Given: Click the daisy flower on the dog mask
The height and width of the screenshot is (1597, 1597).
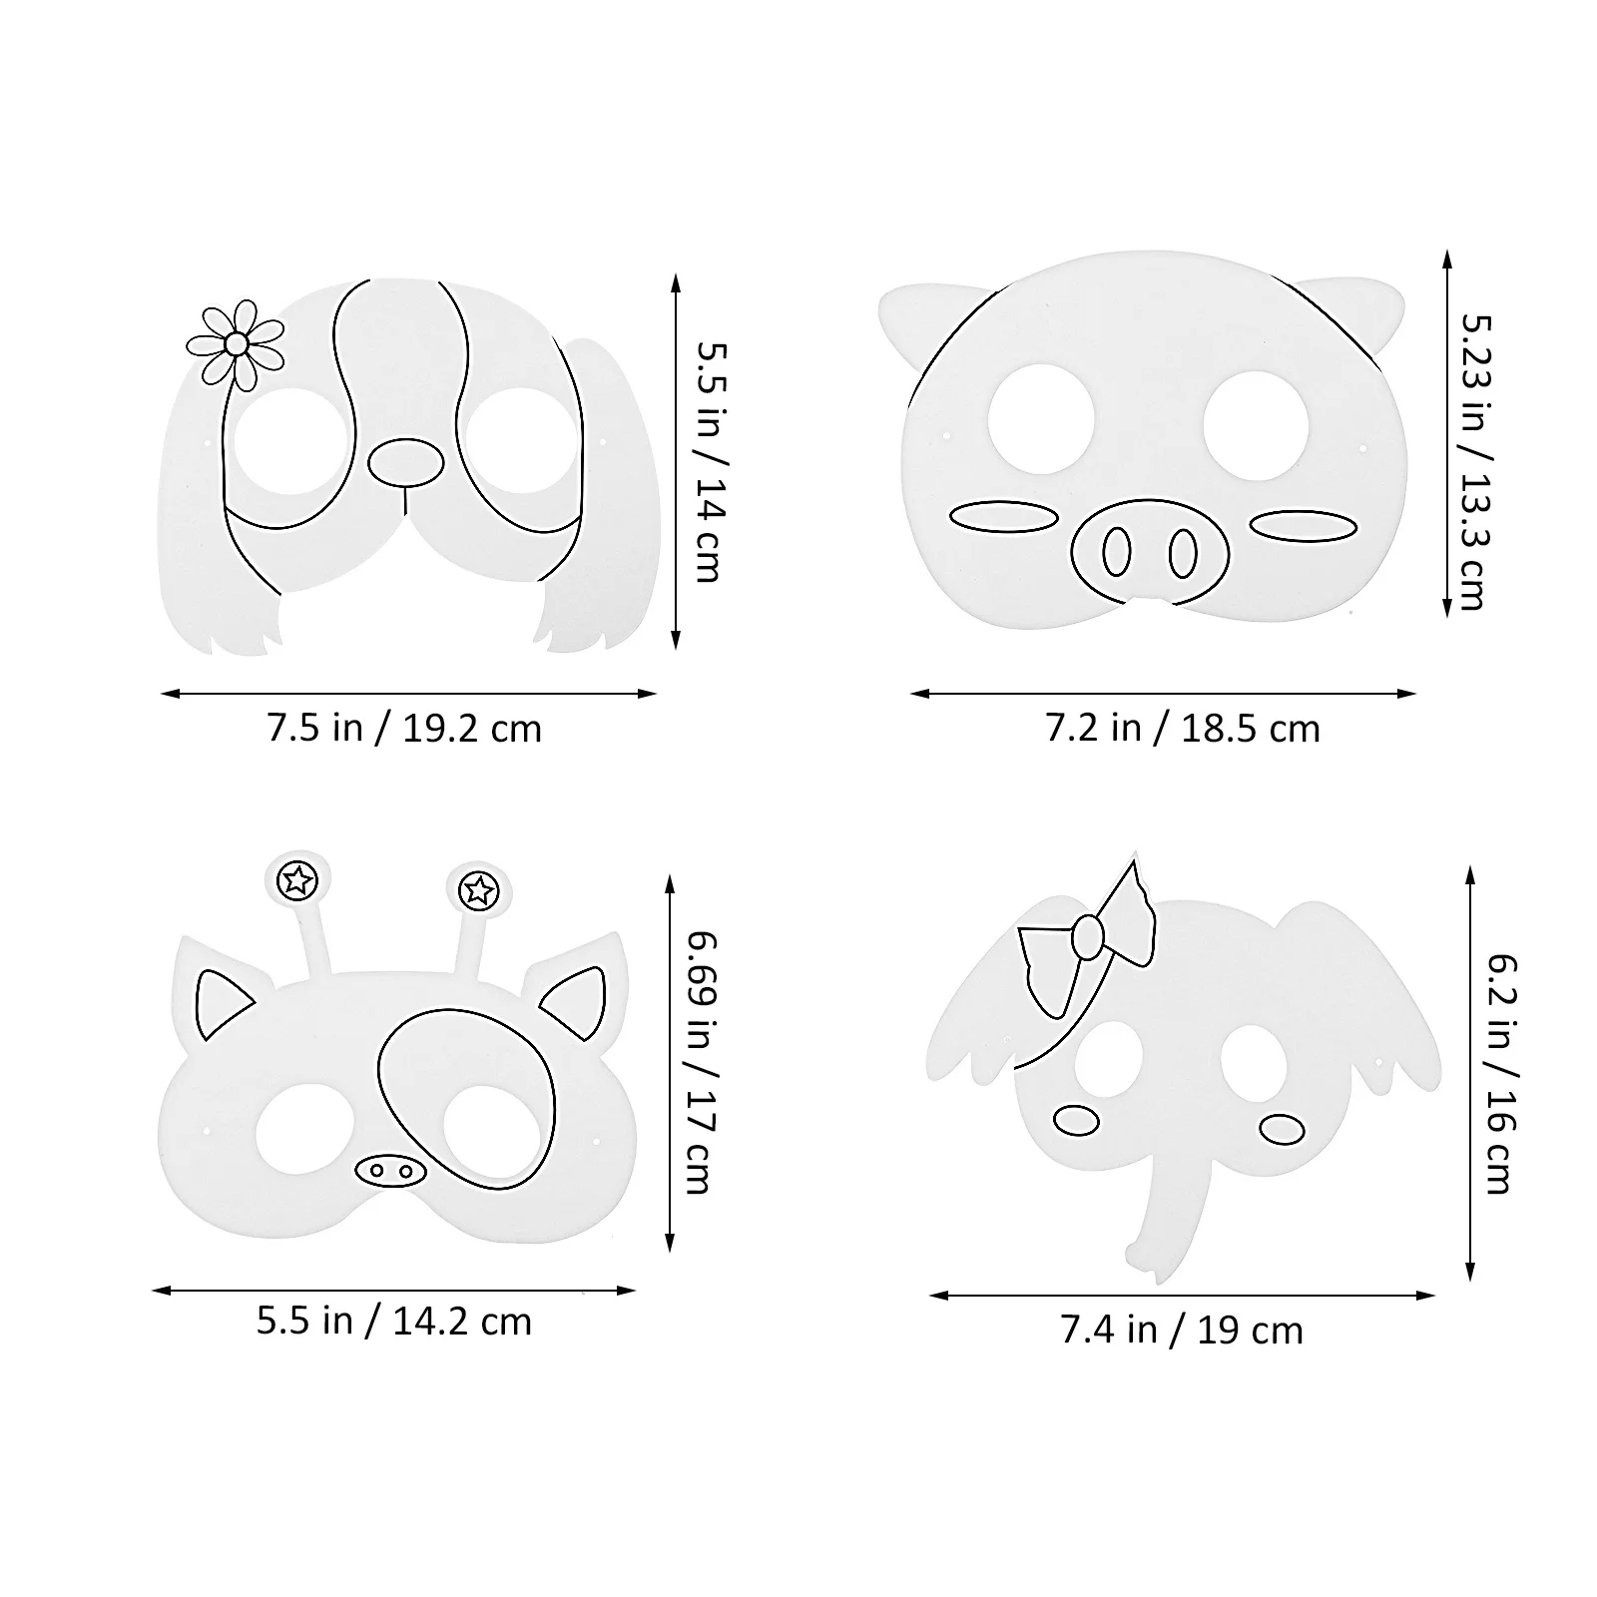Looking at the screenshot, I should [x=236, y=344].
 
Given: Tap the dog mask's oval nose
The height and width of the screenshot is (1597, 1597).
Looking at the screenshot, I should [x=406, y=462].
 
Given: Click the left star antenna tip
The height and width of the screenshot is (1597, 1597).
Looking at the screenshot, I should [x=297, y=880].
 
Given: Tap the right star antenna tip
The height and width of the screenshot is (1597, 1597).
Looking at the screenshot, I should [x=480, y=888].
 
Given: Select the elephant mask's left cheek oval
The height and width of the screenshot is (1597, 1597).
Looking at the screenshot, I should [x=1076, y=1120].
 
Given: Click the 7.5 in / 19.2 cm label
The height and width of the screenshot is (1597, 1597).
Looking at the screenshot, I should [x=403, y=729].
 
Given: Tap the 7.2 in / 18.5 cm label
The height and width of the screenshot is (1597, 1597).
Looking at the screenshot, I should [x=1183, y=729].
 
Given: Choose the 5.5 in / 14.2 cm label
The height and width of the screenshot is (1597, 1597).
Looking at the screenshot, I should [x=394, y=1322].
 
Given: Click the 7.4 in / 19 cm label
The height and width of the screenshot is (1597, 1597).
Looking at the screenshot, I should [x=1182, y=1331].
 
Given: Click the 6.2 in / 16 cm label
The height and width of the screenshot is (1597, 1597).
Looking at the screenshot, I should [x=1501, y=1074].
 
